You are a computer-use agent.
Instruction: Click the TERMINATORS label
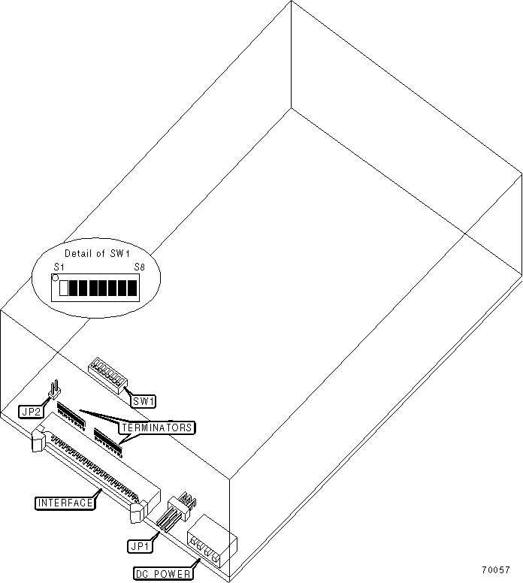click(156, 427)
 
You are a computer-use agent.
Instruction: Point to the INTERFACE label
click(65, 502)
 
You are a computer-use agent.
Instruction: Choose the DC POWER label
click(163, 573)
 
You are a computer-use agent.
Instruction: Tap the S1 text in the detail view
click(59, 267)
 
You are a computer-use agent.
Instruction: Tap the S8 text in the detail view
click(139, 267)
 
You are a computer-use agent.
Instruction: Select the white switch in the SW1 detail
click(64, 288)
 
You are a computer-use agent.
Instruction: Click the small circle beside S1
click(55, 277)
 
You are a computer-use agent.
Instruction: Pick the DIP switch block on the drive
click(107, 373)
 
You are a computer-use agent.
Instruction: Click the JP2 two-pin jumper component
click(54, 391)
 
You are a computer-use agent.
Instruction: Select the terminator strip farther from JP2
click(109, 439)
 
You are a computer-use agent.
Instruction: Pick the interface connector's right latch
click(137, 513)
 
